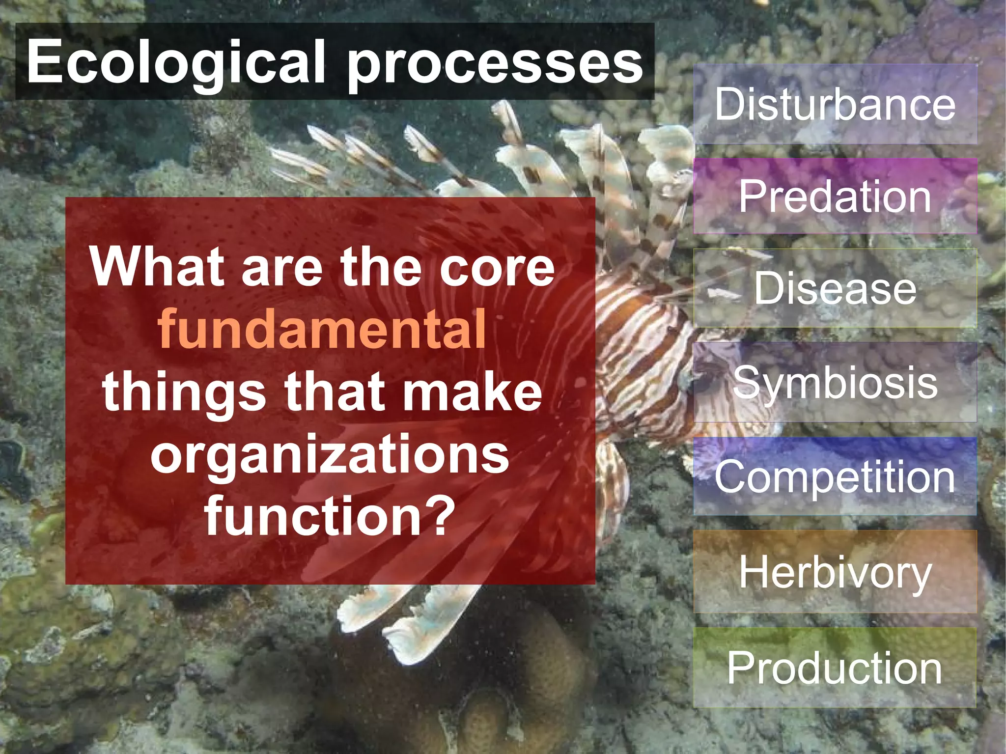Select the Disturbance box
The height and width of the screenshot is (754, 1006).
tap(835, 104)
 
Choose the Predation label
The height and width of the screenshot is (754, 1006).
tap(835, 196)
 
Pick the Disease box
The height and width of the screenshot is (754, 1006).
tap(835, 288)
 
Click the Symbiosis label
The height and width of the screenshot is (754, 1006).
tap(835, 382)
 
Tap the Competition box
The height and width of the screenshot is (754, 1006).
tap(835, 476)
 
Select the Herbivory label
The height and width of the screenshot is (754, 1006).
tap(835, 572)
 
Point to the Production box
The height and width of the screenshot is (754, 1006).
tap(835, 667)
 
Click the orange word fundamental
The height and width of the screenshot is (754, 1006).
tap(322, 329)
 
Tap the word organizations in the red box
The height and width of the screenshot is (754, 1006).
tap(330, 454)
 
